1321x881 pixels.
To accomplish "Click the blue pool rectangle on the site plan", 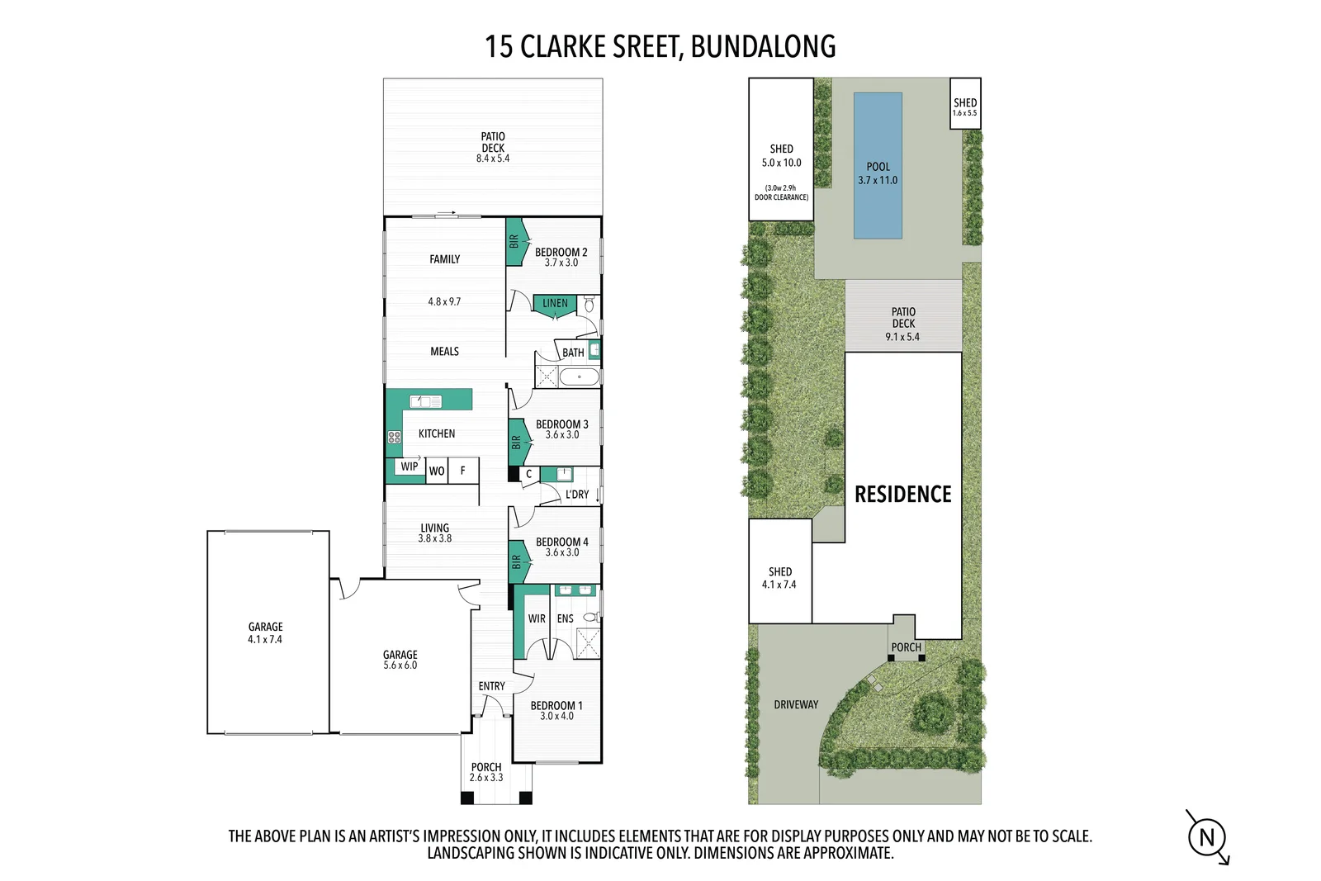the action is pos(878,166).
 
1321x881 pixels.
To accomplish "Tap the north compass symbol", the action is pos(1207,838).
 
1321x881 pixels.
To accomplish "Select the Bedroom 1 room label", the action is pos(556,705).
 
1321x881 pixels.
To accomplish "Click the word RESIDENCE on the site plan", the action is pos(903,494).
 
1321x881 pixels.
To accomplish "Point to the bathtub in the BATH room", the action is pos(579,377).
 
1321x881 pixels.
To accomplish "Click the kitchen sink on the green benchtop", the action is pos(425,401).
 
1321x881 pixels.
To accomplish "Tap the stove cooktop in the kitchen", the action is pos(394,437).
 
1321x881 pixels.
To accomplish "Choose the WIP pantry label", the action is pos(410,467).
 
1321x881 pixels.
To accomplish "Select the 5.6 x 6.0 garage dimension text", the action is pos(400,665).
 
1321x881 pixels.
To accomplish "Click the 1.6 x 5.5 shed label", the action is pos(965,112).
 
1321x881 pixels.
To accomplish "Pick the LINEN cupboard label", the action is pos(555,303).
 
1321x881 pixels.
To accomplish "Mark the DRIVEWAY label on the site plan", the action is pos(796,704).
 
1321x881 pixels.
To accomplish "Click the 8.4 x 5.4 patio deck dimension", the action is pos(493,158).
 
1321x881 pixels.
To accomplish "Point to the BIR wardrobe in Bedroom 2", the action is pos(514,241).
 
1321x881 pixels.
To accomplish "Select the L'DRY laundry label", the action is pos(577,494).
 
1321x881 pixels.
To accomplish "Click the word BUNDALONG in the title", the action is pos(763,46).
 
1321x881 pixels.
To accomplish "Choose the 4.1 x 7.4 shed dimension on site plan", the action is pos(779,585).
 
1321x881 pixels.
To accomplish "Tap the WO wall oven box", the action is pos(437,471).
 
